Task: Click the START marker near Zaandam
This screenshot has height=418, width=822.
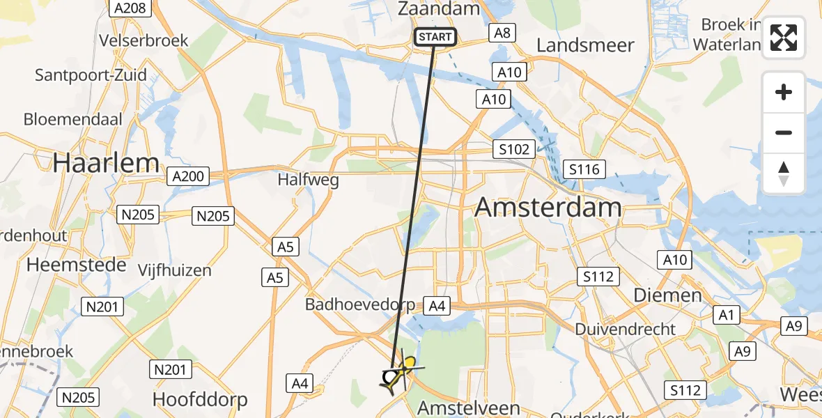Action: click(435, 37)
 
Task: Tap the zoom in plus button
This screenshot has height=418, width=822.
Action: click(784, 92)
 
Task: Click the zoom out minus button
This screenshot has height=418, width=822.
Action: click(784, 132)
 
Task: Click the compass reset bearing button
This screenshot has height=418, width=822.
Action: click(784, 173)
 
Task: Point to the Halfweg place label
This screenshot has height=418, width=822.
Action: click(308, 180)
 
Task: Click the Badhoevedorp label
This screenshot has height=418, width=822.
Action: click(360, 304)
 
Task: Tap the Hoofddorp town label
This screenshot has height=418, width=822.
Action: click(200, 401)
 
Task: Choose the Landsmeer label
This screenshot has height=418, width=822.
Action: click(585, 45)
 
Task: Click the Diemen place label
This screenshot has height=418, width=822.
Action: click(667, 295)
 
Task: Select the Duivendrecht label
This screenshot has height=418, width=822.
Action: click(626, 329)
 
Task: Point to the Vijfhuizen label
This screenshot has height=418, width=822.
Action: click(174, 270)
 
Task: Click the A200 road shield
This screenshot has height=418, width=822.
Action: click(187, 176)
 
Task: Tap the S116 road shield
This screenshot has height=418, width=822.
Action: click(586, 169)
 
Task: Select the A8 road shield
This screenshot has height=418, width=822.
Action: click(502, 32)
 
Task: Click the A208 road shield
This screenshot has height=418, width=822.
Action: click(129, 8)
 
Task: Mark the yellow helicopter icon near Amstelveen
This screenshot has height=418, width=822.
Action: click(409, 364)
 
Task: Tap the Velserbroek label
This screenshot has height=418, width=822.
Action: click(144, 40)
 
